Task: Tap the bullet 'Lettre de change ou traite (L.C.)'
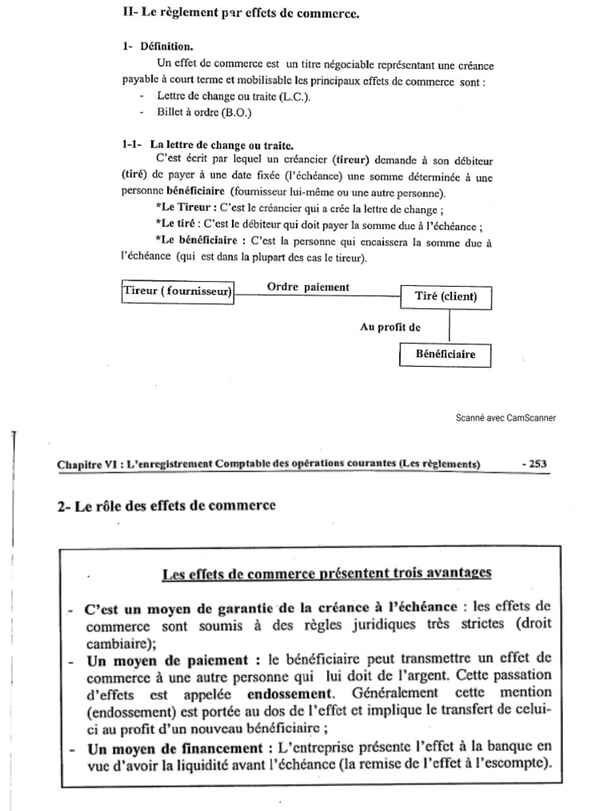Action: (234, 97)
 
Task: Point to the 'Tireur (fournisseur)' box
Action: (179, 291)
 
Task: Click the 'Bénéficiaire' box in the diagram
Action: (445, 354)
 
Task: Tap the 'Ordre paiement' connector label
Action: (307, 287)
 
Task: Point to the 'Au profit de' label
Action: (390, 326)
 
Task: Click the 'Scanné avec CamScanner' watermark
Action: (505, 418)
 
